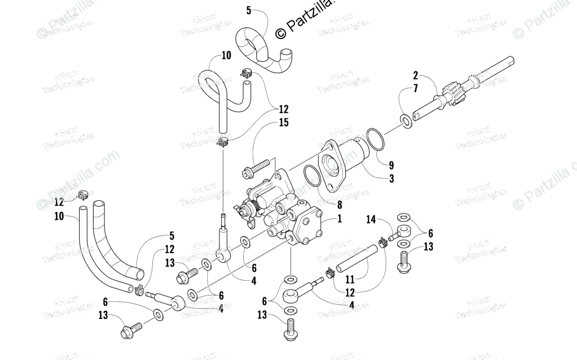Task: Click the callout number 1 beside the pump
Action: [339, 218]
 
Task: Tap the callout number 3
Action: [391, 179]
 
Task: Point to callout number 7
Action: [415, 89]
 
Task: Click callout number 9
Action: [391, 165]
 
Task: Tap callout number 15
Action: [284, 123]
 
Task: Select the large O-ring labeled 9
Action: [374, 140]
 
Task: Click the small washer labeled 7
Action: [406, 121]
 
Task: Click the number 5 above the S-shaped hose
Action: [249, 11]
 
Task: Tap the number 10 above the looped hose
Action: [226, 56]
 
